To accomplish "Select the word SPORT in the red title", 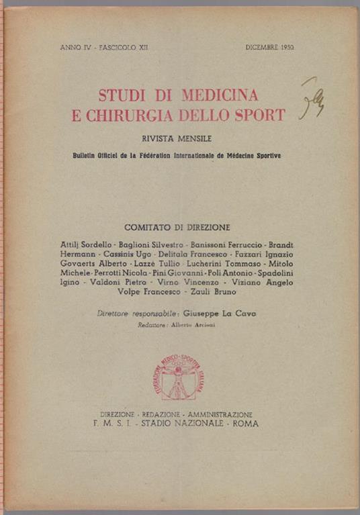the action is (261, 114).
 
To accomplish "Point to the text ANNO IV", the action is (75, 49).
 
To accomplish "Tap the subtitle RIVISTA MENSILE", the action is (177, 139).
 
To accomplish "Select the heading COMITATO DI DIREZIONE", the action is (177, 227).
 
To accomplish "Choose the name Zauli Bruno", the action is (213, 292).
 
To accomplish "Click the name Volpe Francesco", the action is (149, 292).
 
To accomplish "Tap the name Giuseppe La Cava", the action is (220, 313).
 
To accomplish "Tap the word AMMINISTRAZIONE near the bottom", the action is (220, 414).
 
